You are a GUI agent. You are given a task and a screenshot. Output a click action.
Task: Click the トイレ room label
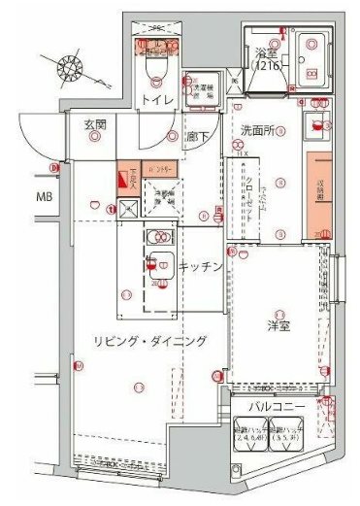point(154,101)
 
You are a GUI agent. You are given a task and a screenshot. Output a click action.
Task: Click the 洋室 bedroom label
point(279,328)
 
